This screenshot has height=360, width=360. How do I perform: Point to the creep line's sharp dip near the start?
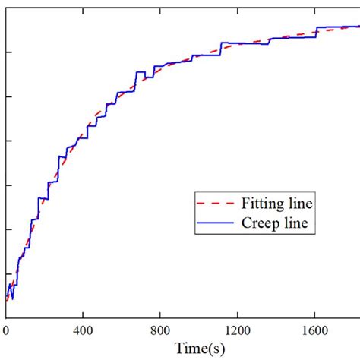coord(12,298)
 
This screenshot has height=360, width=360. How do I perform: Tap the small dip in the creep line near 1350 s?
coord(267,44)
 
